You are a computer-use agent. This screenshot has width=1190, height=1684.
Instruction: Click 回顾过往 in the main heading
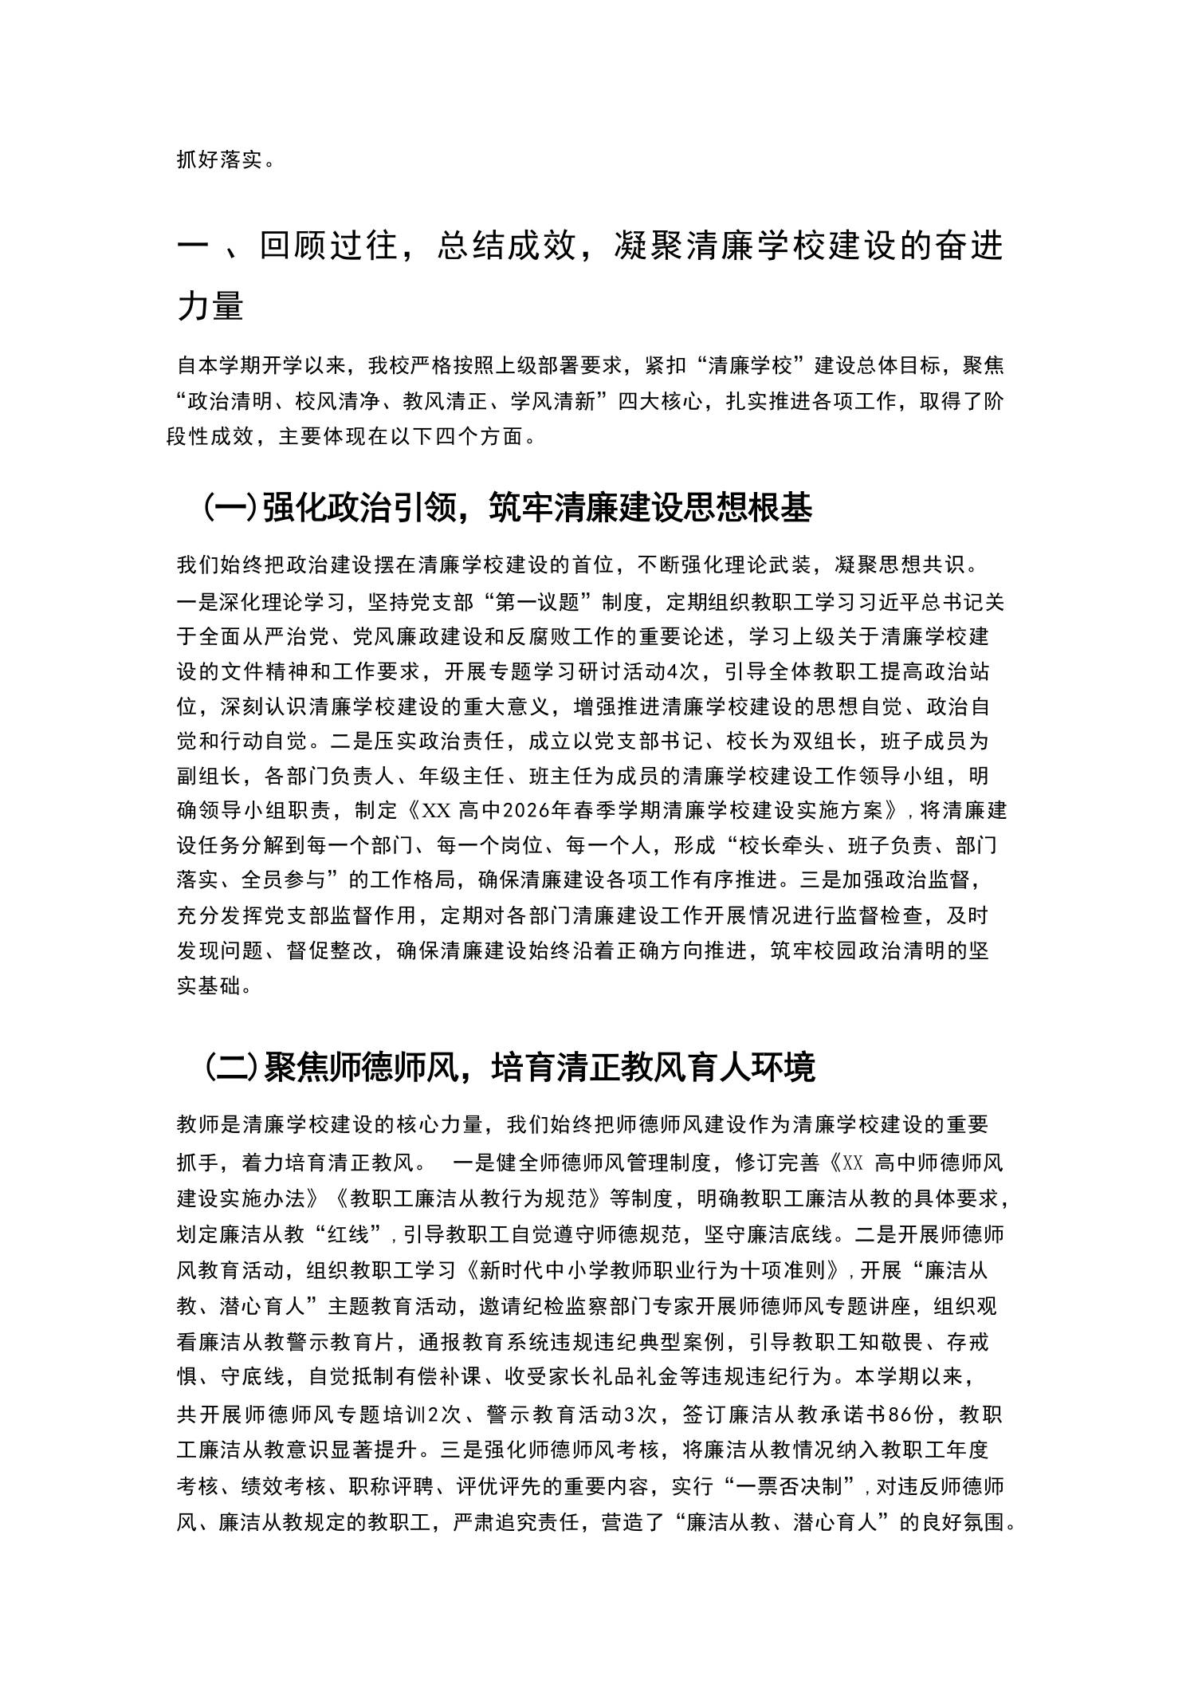(x=328, y=247)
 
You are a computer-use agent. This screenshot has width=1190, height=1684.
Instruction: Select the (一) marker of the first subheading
(x=230, y=508)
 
